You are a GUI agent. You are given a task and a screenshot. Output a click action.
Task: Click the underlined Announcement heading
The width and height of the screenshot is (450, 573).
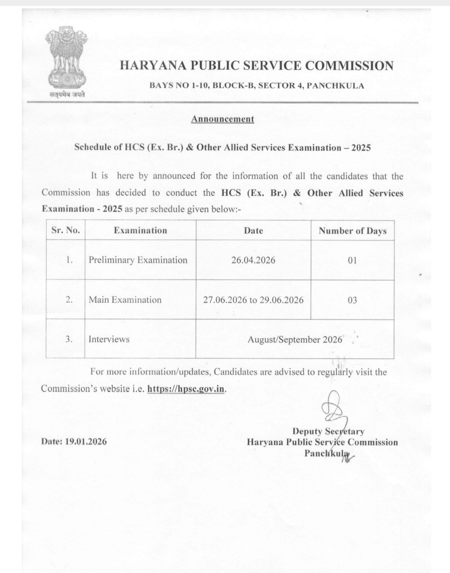222,119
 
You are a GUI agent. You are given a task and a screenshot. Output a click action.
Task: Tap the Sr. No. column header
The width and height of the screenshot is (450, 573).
65,230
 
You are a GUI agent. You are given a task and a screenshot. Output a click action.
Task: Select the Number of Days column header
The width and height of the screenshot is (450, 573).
352,231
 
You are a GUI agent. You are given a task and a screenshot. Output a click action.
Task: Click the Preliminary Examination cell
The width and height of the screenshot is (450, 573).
138,260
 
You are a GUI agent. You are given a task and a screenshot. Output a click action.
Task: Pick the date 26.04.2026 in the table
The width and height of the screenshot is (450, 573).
253,260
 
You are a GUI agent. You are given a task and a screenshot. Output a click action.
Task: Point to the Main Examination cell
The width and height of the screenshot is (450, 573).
125,300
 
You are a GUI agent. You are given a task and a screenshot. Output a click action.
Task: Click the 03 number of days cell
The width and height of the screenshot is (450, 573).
352,300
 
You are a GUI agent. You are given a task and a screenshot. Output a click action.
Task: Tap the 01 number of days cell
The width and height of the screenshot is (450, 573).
352,260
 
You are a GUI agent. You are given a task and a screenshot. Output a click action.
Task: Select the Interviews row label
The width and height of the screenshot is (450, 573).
109,339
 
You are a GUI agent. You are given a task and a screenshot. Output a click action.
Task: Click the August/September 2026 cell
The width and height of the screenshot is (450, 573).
295,340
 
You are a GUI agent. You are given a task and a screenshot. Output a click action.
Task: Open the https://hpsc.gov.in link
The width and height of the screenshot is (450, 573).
186,389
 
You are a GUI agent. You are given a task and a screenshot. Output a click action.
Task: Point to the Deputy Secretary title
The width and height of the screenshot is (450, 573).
328,431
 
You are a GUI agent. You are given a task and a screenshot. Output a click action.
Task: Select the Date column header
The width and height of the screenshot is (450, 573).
253,230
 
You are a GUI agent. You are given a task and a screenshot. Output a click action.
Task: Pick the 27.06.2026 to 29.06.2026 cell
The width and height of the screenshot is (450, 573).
253,300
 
